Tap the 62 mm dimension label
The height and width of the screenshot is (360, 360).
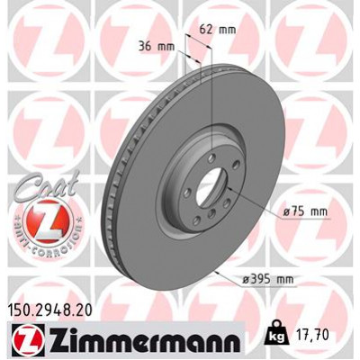(218, 29)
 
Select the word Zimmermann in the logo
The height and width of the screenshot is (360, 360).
(139, 340)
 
